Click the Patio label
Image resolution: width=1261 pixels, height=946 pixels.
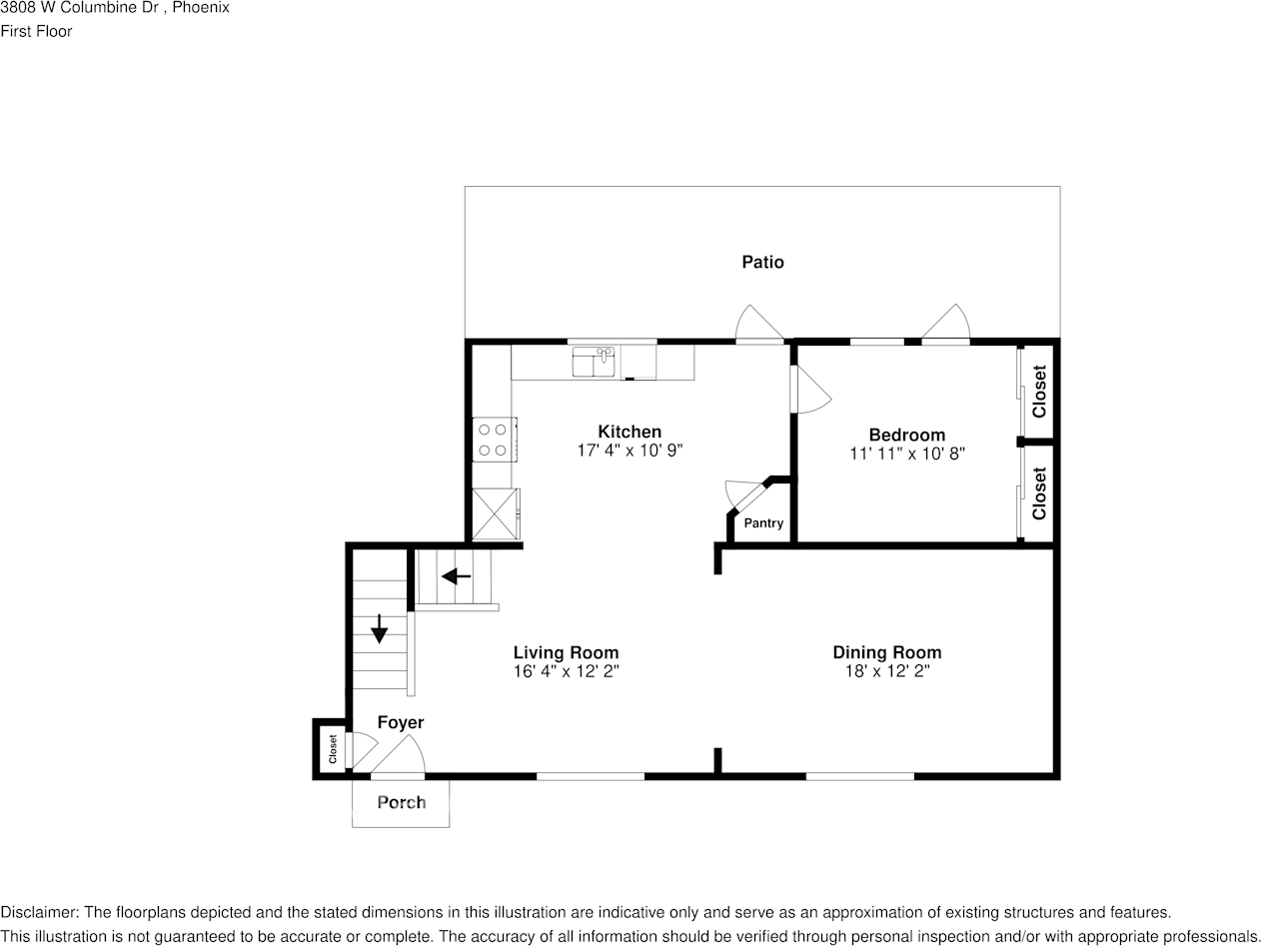[x=762, y=262]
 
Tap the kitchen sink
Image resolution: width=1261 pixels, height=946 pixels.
[x=594, y=362]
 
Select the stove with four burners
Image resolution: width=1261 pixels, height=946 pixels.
[x=493, y=440]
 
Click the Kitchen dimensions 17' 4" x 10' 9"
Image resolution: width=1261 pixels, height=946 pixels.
[x=630, y=451]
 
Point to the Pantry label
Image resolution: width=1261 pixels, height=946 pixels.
[x=763, y=523]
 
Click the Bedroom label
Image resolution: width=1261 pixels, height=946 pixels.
[x=906, y=435]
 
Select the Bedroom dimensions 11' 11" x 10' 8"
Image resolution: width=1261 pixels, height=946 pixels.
[x=906, y=454]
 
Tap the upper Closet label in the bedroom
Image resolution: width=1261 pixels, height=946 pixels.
[x=1039, y=392]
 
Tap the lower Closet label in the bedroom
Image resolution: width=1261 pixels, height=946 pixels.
[x=1039, y=493]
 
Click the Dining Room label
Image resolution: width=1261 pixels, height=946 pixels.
[x=886, y=652]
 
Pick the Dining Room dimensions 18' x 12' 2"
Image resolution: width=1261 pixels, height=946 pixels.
[x=886, y=671]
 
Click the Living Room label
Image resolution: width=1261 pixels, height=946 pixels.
[x=566, y=652]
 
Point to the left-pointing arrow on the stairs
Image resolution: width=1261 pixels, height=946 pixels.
[x=456, y=576]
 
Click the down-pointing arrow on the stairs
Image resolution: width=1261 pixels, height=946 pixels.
[x=380, y=628]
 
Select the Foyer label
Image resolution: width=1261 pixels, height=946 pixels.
[x=400, y=722]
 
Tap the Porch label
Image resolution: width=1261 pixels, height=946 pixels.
[x=401, y=802]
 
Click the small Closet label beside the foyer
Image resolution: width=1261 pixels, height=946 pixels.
[x=333, y=749]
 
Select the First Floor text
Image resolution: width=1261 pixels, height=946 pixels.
[x=36, y=31]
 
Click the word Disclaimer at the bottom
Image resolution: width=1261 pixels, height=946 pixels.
[x=39, y=912]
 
